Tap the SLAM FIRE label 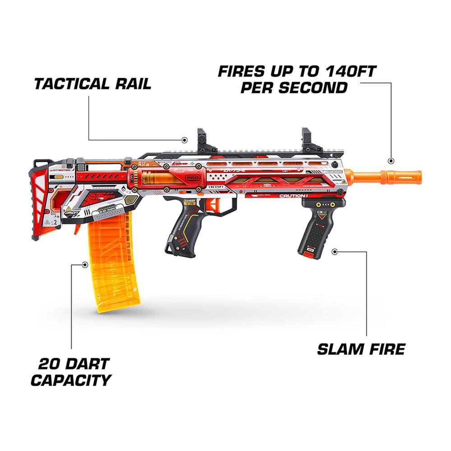click(361, 349)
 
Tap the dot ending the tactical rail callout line click(184, 140)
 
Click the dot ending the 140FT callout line click(391, 160)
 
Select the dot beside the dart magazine click(84, 264)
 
